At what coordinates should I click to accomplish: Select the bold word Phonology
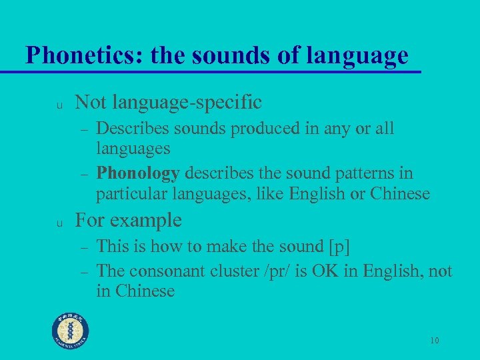[138, 173]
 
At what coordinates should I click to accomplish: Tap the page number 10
[434, 341]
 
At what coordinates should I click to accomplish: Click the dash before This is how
[85, 247]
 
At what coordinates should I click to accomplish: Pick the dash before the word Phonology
[85, 174]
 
